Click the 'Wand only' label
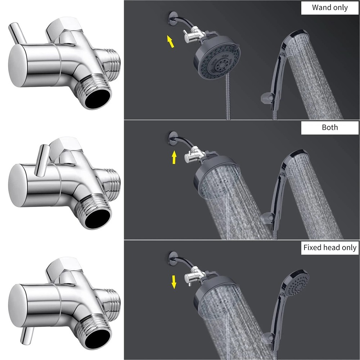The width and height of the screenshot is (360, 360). (x=330, y=8)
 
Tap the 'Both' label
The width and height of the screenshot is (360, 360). (x=330, y=127)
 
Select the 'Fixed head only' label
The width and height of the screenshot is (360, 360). (x=330, y=248)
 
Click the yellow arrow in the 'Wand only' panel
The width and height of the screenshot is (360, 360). (x=170, y=41)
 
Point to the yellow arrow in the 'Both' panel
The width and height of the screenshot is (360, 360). (x=174, y=157)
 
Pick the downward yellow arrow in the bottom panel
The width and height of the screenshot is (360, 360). (x=174, y=282)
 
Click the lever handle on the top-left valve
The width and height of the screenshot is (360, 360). (x=17, y=33)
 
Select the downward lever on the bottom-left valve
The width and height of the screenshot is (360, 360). (x=27, y=336)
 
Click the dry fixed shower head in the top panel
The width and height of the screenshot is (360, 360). (x=217, y=61)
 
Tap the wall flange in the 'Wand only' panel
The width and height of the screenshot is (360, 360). (x=171, y=17)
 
